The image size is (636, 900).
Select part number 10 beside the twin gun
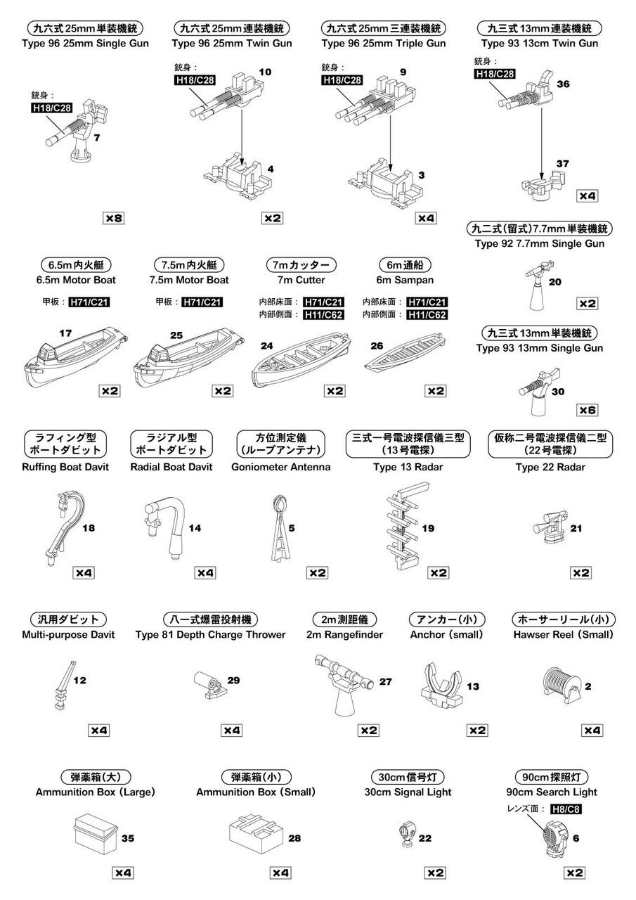tap(265, 72)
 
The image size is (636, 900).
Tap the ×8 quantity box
tap(114, 218)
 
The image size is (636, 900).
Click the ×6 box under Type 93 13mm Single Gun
tap(587, 410)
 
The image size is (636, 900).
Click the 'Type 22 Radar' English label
tap(550, 467)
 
